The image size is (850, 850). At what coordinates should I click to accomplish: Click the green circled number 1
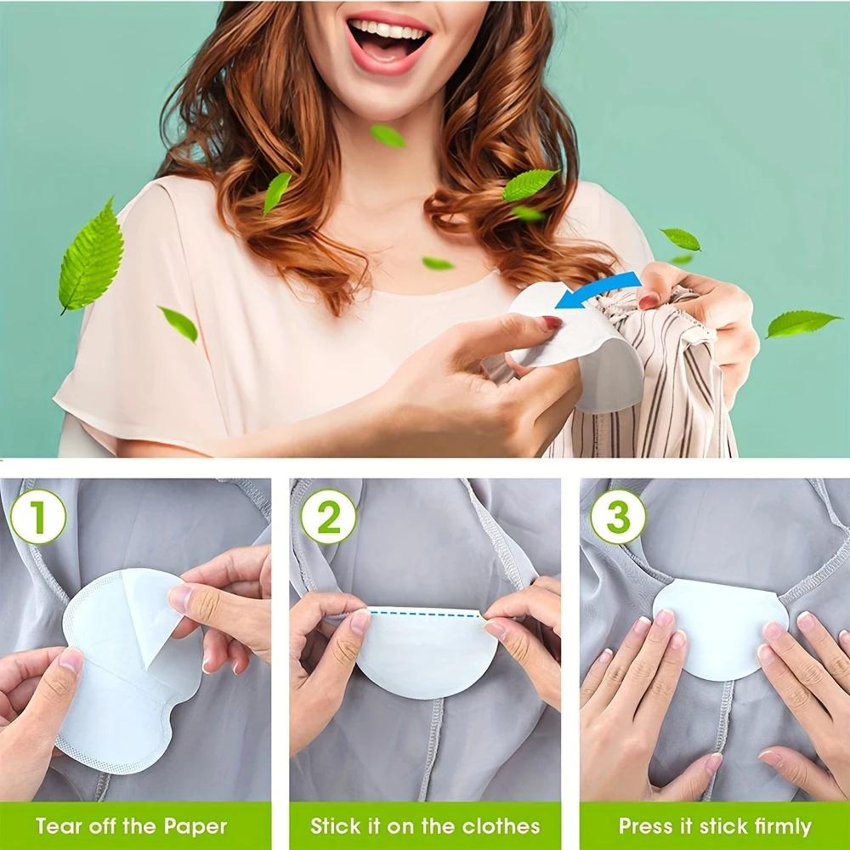point(38,516)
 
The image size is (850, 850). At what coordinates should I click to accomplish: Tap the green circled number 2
point(328,516)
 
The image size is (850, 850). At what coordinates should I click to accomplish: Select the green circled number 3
point(618,516)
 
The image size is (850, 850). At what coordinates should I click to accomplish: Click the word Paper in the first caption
point(196,825)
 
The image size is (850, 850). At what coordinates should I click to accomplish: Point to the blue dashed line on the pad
point(425,612)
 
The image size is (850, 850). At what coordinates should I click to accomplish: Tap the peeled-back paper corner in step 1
point(151,612)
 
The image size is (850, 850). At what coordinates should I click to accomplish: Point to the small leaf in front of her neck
point(388,135)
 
